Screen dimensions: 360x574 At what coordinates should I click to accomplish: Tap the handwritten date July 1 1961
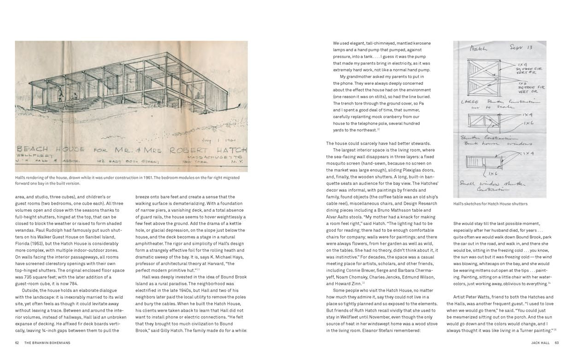click(x=212, y=140)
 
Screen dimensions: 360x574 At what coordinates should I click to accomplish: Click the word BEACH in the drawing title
click(x=33, y=149)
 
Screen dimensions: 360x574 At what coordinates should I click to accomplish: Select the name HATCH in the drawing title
click(x=232, y=150)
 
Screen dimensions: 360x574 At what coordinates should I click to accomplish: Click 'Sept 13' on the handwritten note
click(x=521, y=47)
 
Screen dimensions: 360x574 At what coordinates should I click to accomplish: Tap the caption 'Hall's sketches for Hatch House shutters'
click(x=490, y=204)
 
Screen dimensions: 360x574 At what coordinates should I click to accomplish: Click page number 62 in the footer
click(x=17, y=342)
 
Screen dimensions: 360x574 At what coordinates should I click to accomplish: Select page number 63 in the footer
click(x=556, y=342)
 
